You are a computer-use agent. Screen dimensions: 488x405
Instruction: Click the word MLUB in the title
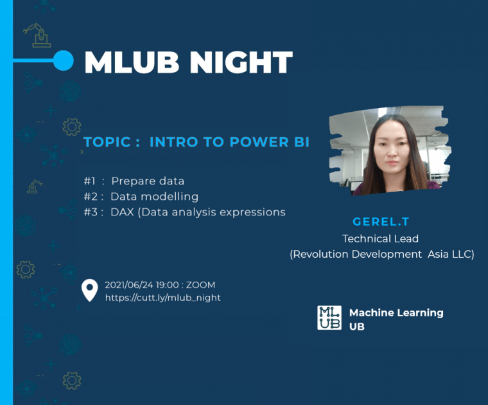[x=132, y=62]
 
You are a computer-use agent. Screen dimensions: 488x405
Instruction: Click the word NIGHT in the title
[x=241, y=62]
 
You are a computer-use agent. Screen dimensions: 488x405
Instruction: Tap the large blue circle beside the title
[x=64, y=60]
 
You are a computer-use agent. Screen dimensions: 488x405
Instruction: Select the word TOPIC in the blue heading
[x=107, y=142]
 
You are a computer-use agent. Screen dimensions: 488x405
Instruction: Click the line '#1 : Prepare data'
[x=134, y=181]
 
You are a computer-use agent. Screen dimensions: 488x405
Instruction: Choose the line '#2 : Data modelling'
[x=141, y=197]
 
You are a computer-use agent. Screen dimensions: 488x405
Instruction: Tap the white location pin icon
[x=90, y=290]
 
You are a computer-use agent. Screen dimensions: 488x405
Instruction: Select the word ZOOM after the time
[x=201, y=285]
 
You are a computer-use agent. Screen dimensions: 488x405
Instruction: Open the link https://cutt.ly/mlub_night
[x=162, y=298]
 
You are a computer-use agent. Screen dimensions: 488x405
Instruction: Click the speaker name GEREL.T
[x=381, y=222]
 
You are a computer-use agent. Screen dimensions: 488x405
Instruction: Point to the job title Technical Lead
[x=380, y=239]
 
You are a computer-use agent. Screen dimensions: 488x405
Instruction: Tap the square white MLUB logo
[x=329, y=318]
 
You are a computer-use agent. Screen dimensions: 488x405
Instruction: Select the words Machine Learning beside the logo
[x=396, y=313]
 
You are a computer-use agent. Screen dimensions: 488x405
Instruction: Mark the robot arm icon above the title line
[x=37, y=35]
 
